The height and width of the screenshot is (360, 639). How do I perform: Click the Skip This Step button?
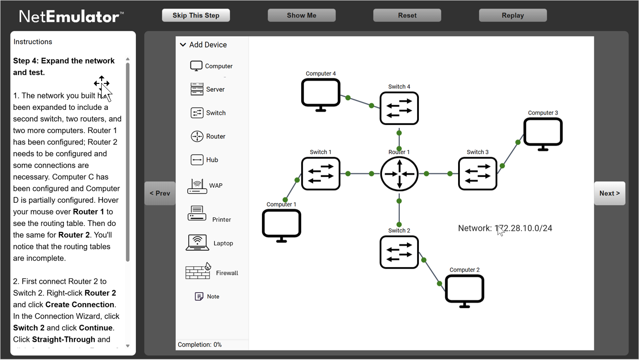pyautogui.click(x=196, y=15)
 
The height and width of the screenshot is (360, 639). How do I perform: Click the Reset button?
pyautogui.click(x=407, y=15)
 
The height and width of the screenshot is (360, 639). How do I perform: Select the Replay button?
pyautogui.click(x=513, y=15)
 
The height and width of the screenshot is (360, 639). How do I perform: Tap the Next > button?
pyautogui.click(x=609, y=193)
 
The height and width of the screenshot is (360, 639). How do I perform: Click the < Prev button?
pyautogui.click(x=160, y=193)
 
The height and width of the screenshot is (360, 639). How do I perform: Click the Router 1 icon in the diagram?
pyautogui.click(x=399, y=174)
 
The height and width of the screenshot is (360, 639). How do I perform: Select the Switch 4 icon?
pyautogui.click(x=399, y=108)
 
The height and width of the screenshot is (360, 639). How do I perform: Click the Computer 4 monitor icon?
pyautogui.click(x=321, y=95)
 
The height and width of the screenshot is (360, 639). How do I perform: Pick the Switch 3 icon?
pyautogui.click(x=478, y=174)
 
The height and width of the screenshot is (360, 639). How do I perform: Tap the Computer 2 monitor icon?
pyautogui.click(x=464, y=290)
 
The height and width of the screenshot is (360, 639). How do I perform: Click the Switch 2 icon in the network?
pyautogui.click(x=399, y=252)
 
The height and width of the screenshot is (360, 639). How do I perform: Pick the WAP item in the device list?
pyautogui.click(x=204, y=185)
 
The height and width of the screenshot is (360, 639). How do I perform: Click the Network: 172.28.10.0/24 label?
pyautogui.click(x=505, y=228)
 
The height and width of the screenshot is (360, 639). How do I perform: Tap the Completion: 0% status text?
pyautogui.click(x=200, y=345)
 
